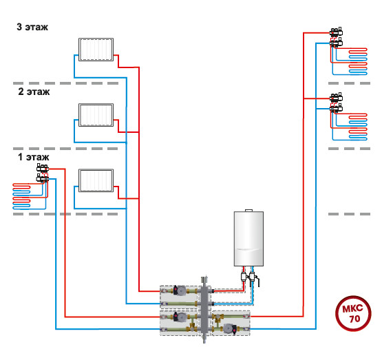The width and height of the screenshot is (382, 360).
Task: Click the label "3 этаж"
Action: click(x=32, y=27)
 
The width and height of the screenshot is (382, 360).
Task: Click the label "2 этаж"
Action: click(x=34, y=92)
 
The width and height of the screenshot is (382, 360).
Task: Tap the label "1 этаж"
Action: click(x=33, y=157)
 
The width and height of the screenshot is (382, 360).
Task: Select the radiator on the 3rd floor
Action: click(x=96, y=50)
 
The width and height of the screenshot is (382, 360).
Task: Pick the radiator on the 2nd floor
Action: click(x=96, y=115)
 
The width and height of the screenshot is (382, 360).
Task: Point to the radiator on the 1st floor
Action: click(x=96, y=180)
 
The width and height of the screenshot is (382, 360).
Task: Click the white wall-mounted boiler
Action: click(x=248, y=238)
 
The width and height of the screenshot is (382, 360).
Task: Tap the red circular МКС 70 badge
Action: click(x=353, y=313)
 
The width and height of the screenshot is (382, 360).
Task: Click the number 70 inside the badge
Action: click(x=354, y=319)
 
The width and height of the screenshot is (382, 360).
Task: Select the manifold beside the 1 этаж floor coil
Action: click(x=43, y=173)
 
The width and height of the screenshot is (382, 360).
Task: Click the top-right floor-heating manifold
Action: click(x=336, y=37)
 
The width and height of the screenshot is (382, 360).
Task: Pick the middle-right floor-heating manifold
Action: click(x=336, y=103)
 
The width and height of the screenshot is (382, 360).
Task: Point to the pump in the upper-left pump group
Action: click(x=180, y=290)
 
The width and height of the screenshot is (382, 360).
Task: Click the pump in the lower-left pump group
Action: click(x=180, y=317)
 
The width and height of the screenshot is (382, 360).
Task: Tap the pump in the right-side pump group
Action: click(x=230, y=328)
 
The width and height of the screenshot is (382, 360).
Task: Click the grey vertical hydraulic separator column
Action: click(x=204, y=309)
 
